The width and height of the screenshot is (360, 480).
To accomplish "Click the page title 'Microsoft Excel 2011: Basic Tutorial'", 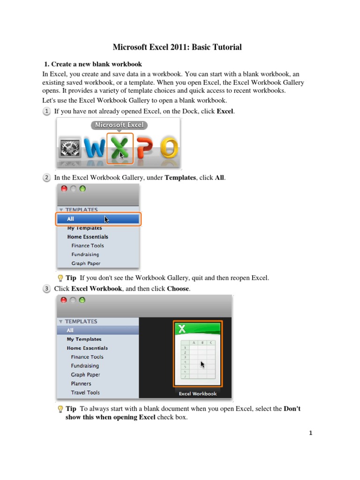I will tap(177, 47).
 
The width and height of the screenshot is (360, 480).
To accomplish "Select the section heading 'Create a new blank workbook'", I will tap(96, 64).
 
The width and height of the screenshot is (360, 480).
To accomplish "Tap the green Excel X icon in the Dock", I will tap(120, 148).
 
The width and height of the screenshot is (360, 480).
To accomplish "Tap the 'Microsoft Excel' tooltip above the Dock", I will tap(119, 125).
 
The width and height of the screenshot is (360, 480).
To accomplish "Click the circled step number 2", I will tap(47, 178).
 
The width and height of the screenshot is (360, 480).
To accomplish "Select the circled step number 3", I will tap(47, 289).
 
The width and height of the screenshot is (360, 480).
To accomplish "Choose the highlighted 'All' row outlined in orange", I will tap(98, 219).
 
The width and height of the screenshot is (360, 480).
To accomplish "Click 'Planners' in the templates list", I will tap(81, 383).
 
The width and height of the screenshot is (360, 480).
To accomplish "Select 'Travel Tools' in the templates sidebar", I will tap(85, 392).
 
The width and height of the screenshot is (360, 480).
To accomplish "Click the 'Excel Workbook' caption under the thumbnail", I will tap(197, 394).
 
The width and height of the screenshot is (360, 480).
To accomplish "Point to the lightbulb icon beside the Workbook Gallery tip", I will tap(60, 278).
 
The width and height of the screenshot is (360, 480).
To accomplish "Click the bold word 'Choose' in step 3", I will tap(178, 289).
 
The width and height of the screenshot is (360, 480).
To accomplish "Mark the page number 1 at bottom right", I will tap(310, 433).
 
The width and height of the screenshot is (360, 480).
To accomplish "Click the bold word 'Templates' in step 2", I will tap(180, 178).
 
